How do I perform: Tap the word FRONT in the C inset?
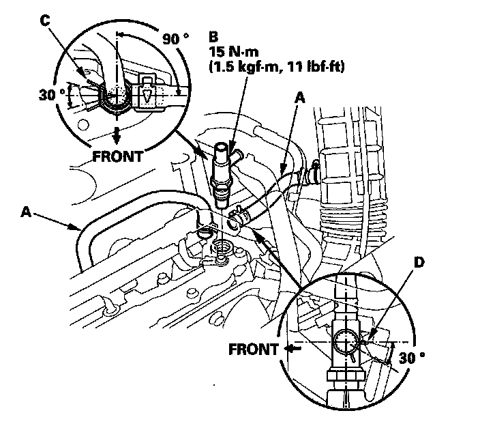[x=118, y=156]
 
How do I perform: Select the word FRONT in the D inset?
[x=254, y=350]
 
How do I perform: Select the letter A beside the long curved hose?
[x=26, y=212]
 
